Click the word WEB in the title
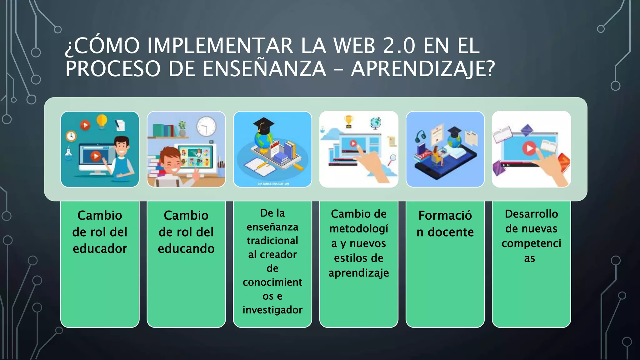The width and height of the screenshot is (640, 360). (354, 46)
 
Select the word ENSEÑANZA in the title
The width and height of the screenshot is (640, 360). (264, 69)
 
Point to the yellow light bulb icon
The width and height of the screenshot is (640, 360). (102, 121)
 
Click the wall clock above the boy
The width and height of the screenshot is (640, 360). (206, 127)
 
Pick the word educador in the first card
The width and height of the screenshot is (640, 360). (100, 249)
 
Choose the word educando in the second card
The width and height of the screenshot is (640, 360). (186, 249)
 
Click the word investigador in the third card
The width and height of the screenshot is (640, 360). (272, 310)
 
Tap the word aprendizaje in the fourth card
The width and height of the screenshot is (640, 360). (359, 273)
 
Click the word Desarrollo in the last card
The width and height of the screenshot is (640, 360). (531, 214)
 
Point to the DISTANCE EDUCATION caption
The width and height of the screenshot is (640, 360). (273, 184)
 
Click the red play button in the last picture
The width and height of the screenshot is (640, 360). (529, 148)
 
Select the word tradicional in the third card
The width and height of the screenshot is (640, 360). (272, 241)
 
